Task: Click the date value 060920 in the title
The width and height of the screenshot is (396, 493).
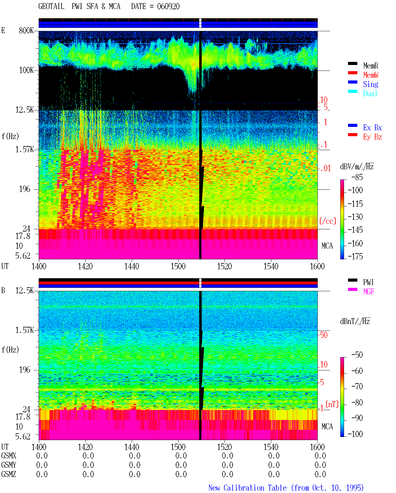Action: pos(168,6)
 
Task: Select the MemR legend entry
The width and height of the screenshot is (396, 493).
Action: pos(371,66)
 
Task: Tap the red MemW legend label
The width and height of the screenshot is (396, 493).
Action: pos(371,75)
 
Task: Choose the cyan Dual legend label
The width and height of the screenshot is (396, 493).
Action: pos(370,93)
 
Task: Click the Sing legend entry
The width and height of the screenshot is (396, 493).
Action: pos(371,84)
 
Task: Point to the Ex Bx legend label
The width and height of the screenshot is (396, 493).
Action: pos(372,128)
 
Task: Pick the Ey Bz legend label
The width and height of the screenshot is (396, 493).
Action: pos(372,137)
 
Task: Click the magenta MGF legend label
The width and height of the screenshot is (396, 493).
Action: pos(368,292)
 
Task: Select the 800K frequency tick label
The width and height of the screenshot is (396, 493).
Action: pos(26,30)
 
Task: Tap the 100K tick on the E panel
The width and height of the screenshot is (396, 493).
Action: pos(26,70)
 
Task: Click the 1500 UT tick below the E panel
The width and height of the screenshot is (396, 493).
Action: pos(178,266)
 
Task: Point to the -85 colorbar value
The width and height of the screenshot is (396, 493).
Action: pos(357,177)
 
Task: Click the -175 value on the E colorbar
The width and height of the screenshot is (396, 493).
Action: pos(355,256)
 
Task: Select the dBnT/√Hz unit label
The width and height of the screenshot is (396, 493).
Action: pos(355,321)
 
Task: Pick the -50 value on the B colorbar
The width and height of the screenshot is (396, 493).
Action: pos(357,355)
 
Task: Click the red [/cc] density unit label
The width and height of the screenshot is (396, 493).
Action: pos(328,221)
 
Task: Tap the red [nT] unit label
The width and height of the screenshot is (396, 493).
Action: pos(332,404)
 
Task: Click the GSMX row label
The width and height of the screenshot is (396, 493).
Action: pos(9,456)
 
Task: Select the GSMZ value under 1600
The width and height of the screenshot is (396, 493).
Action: pos(320,474)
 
